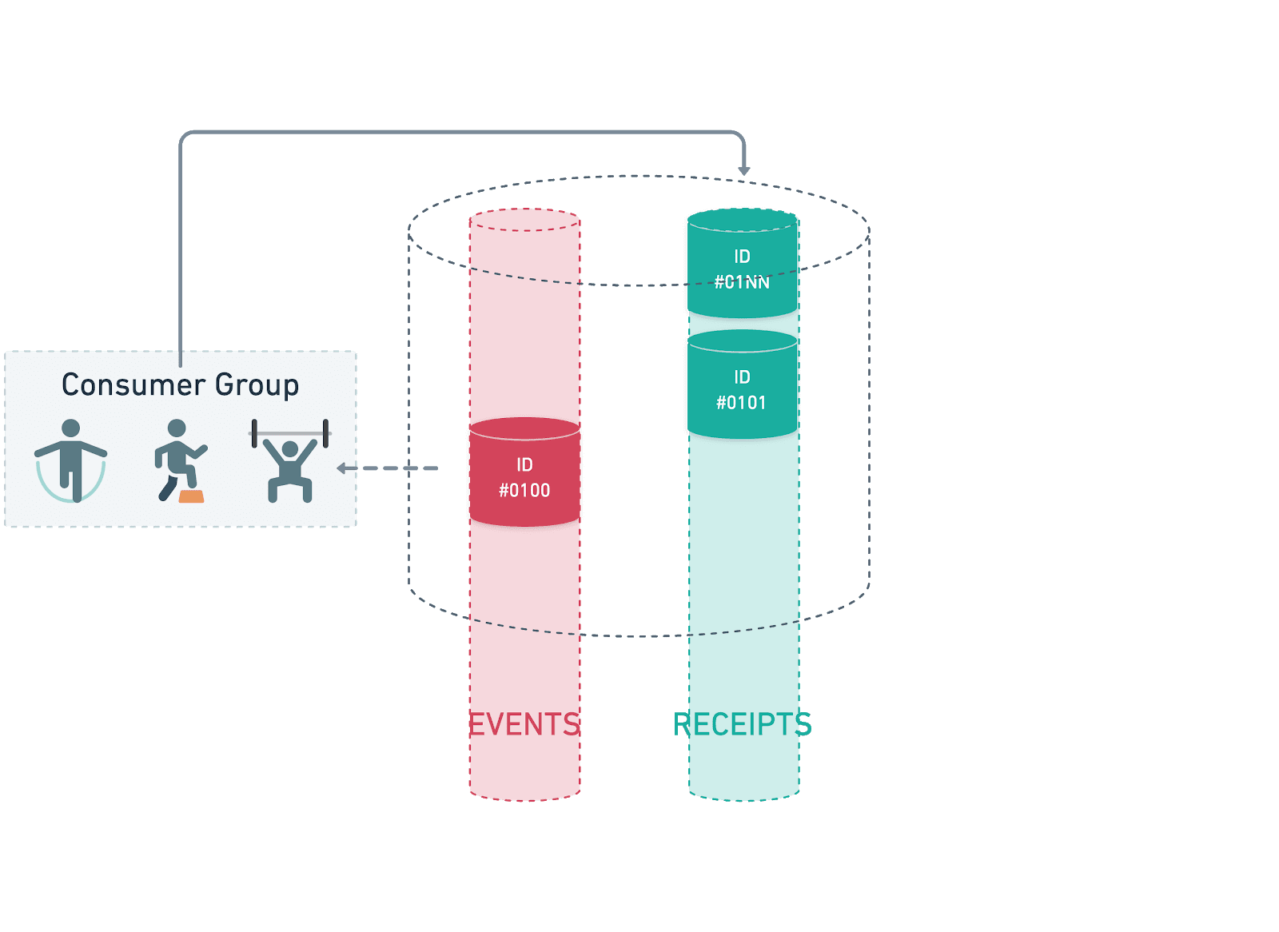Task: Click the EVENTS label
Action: coord(524,725)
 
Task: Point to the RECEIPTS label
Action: coord(742,725)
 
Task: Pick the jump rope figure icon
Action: coord(71,461)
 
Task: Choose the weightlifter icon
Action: coord(290,464)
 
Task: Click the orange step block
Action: coord(191,497)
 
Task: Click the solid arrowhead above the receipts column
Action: coord(743,170)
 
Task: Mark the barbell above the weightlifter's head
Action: coord(290,433)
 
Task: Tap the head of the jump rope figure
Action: coord(71,428)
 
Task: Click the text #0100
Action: coord(524,491)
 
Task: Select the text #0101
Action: coord(741,403)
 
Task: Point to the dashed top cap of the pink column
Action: coord(524,221)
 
